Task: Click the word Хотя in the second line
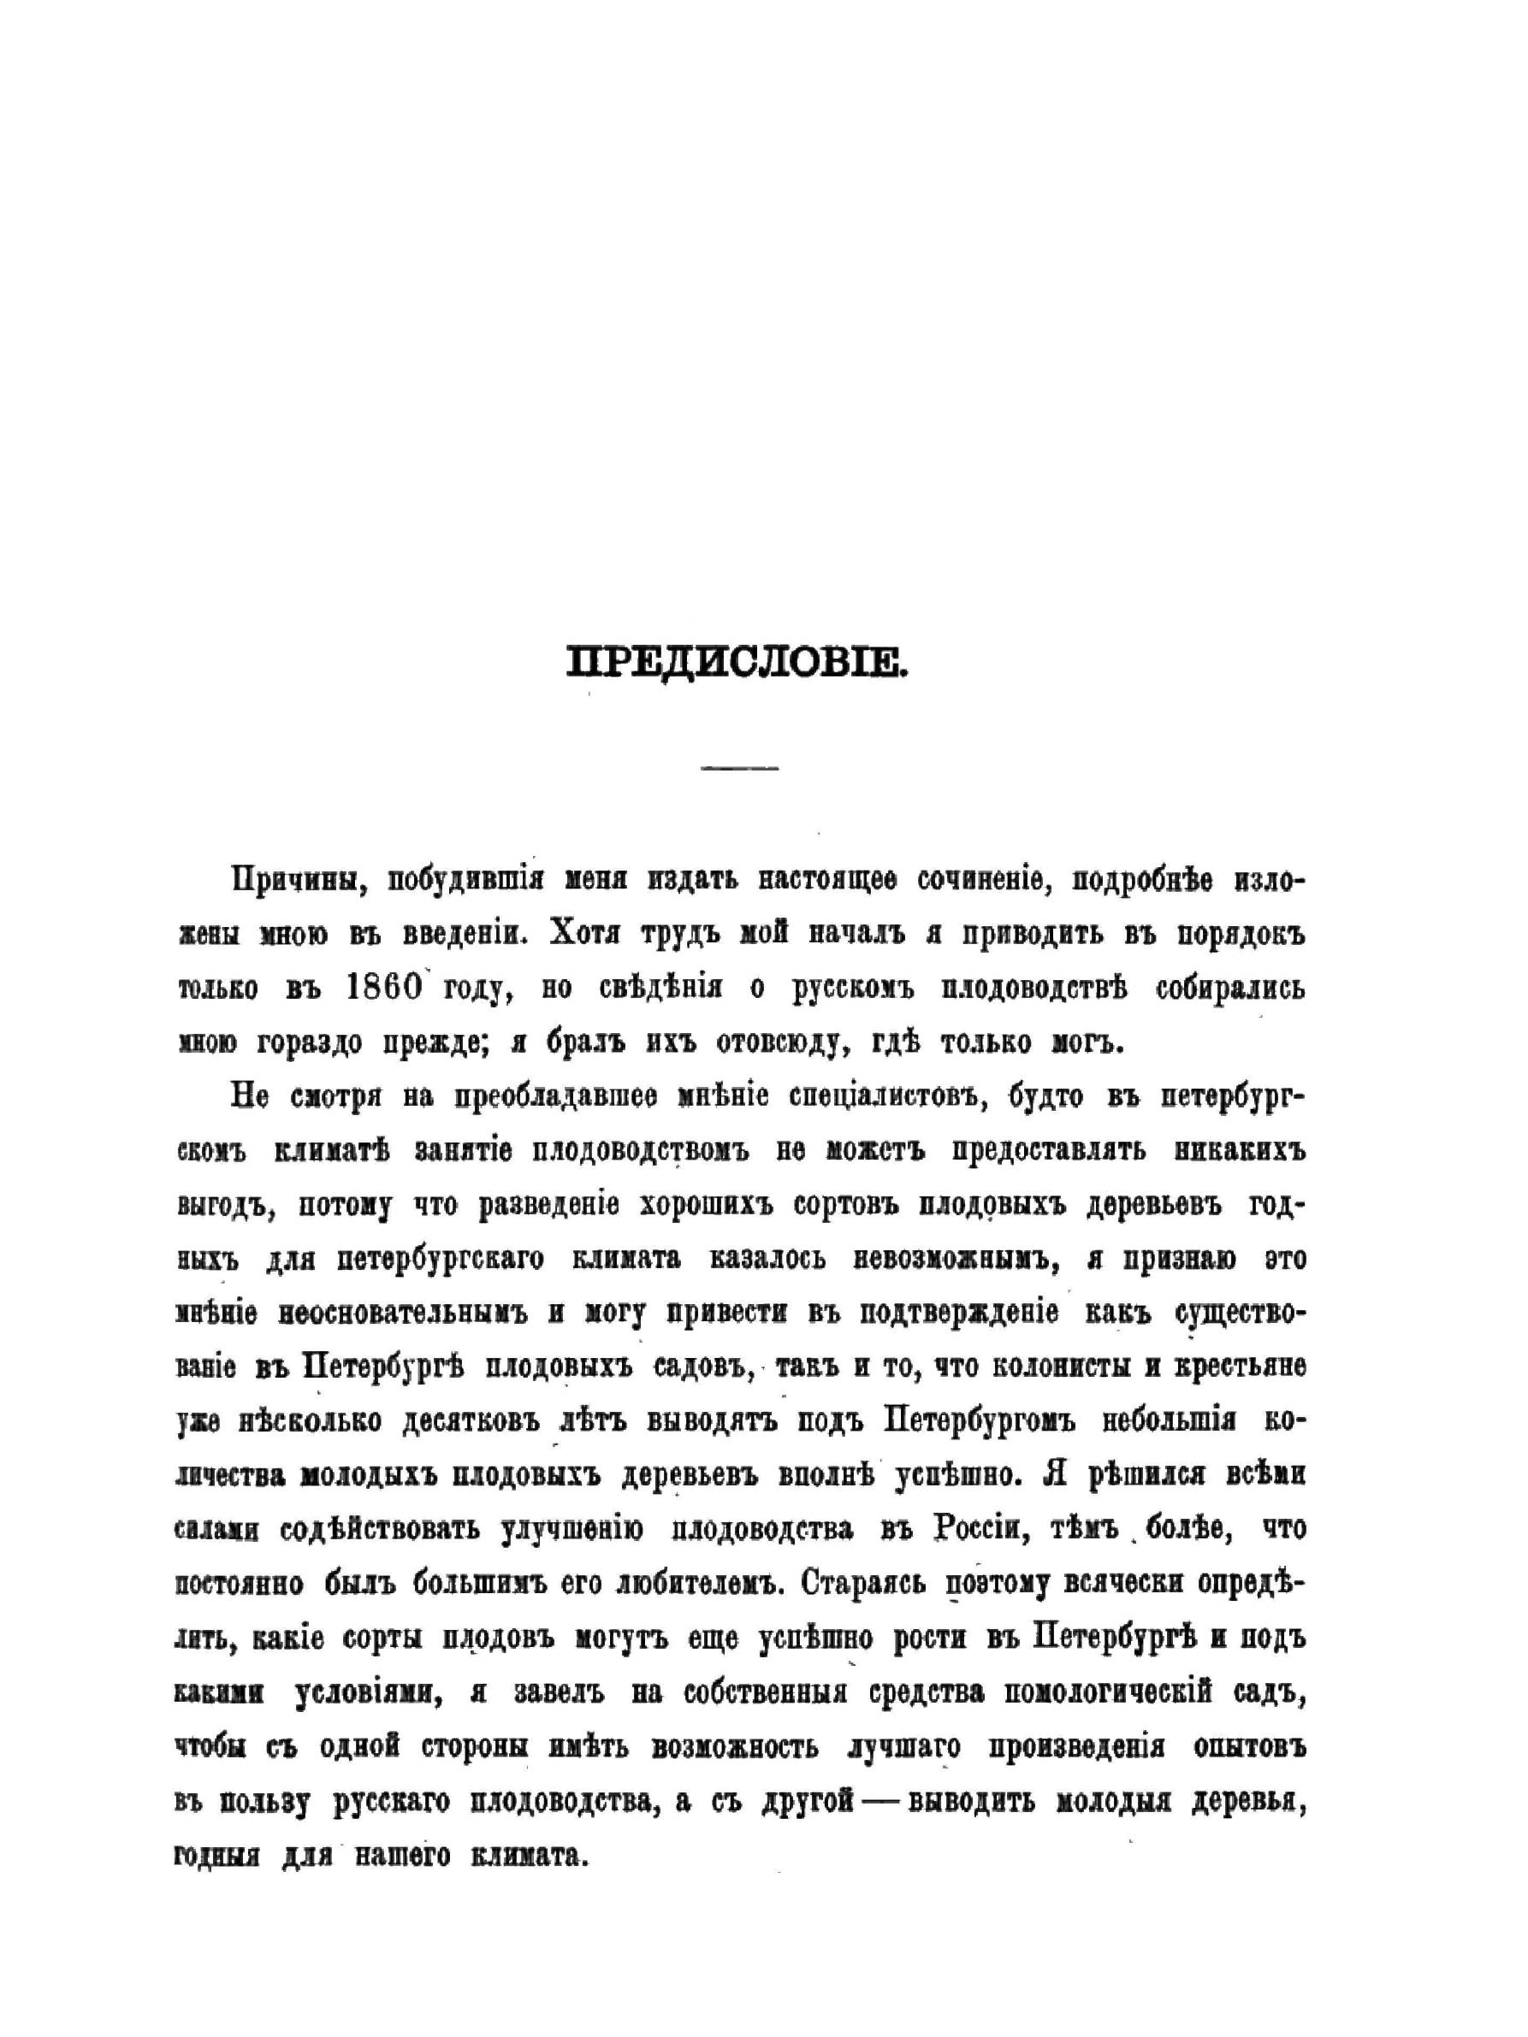tap(586, 933)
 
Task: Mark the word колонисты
tap(1060, 1367)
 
